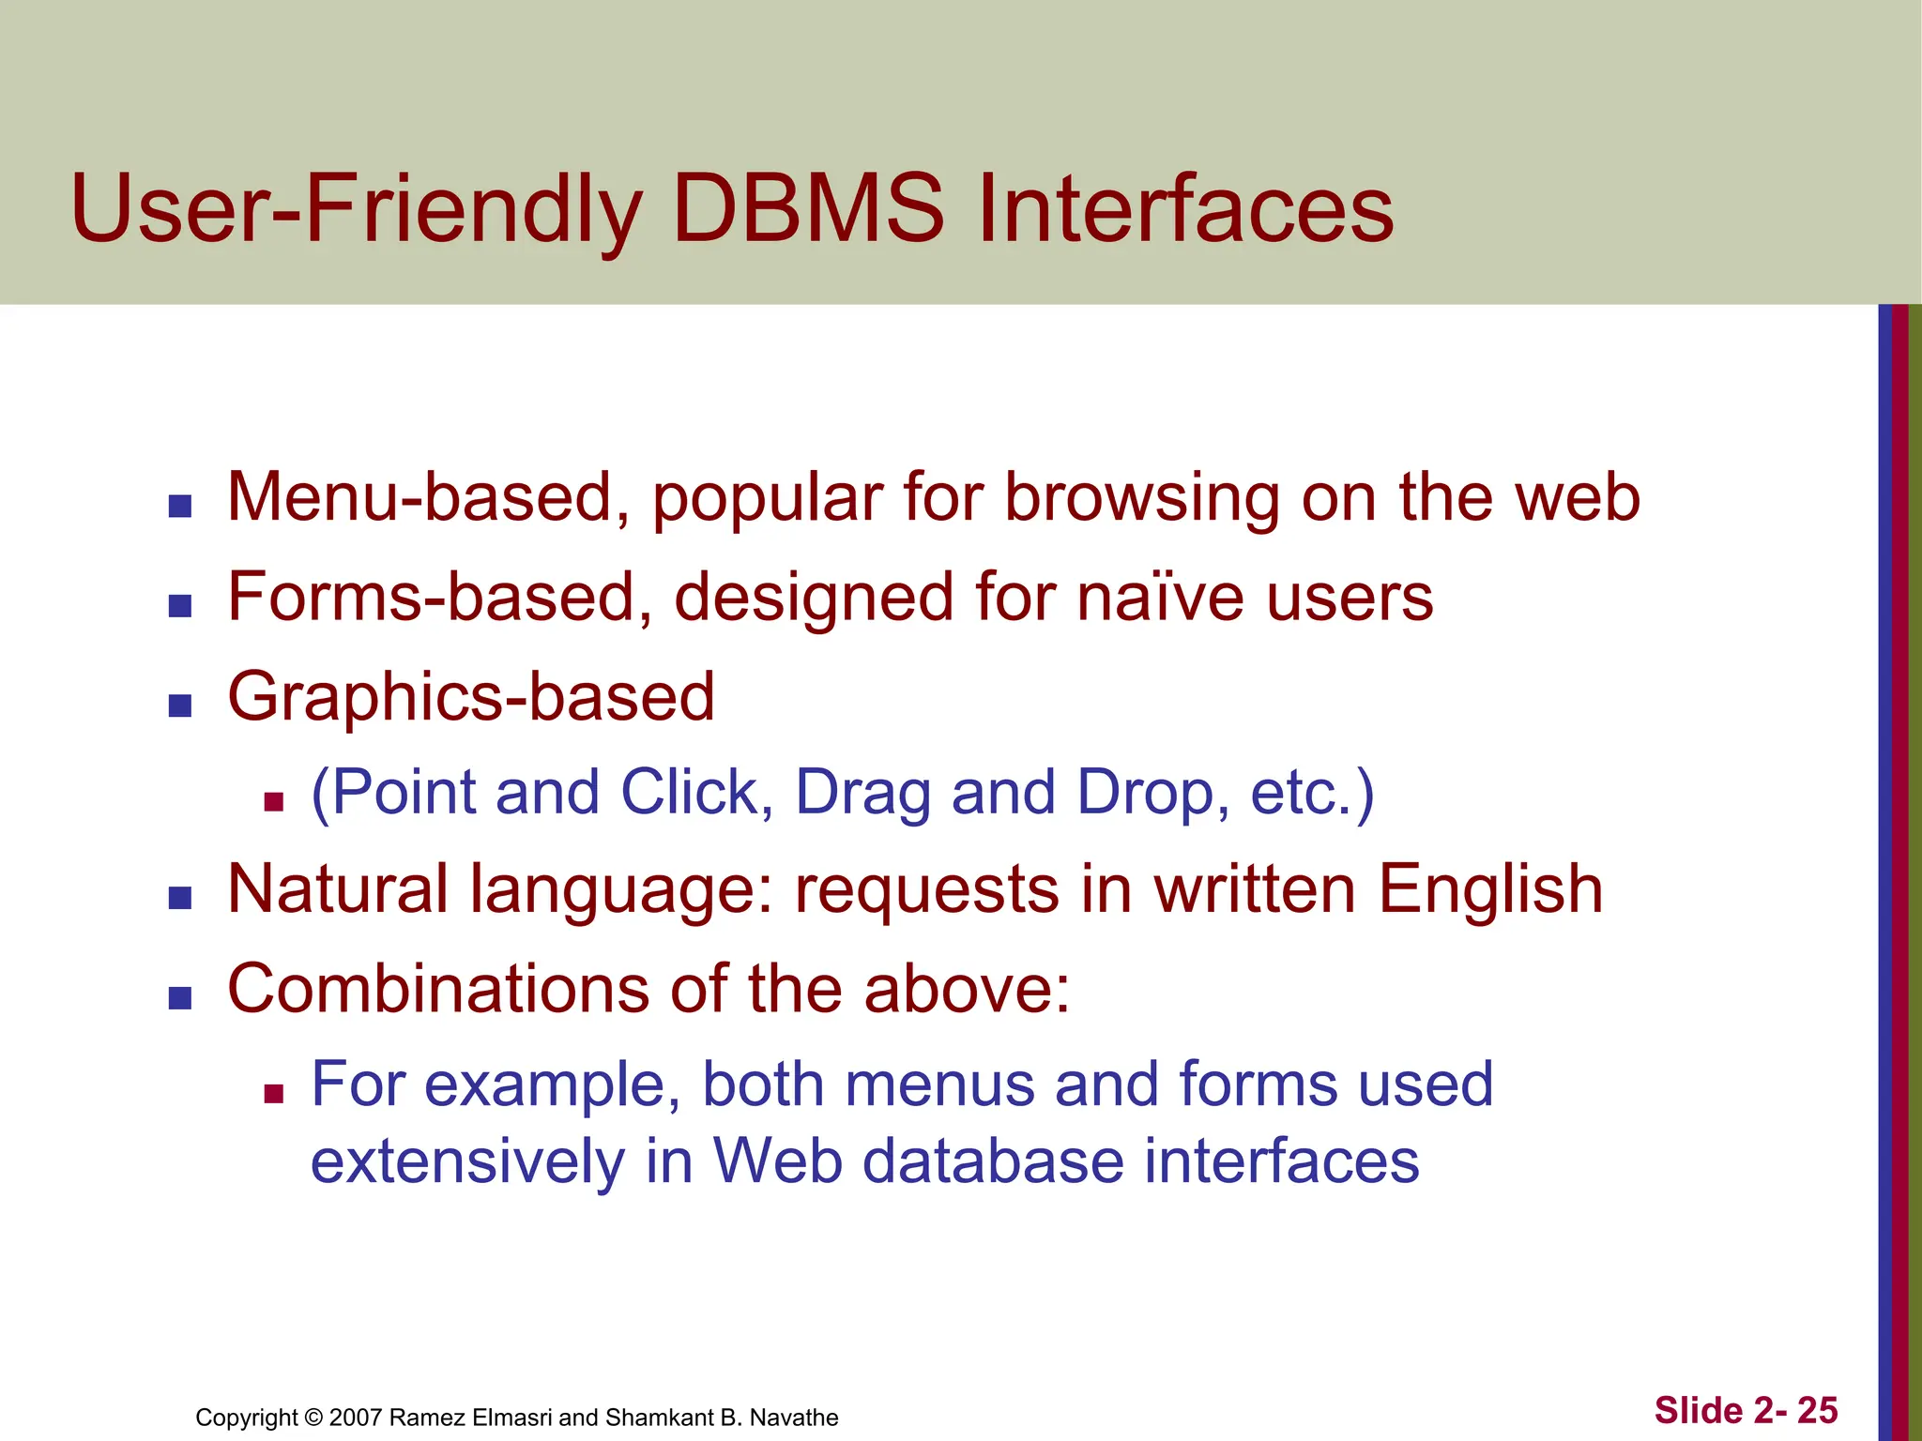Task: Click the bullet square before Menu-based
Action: tap(179, 508)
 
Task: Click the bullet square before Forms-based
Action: tap(179, 606)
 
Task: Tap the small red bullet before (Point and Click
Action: tap(273, 801)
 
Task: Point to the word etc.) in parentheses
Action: tap(1312, 794)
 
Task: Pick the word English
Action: tap(1490, 889)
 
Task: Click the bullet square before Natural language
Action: tap(179, 899)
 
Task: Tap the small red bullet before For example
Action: tap(273, 1093)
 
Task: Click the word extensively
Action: tap(466, 1161)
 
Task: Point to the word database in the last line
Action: tap(992, 1161)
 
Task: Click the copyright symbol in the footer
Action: tap(313, 1418)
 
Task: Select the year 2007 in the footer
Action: tap(356, 1418)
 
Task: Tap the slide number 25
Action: tap(1817, 1411)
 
